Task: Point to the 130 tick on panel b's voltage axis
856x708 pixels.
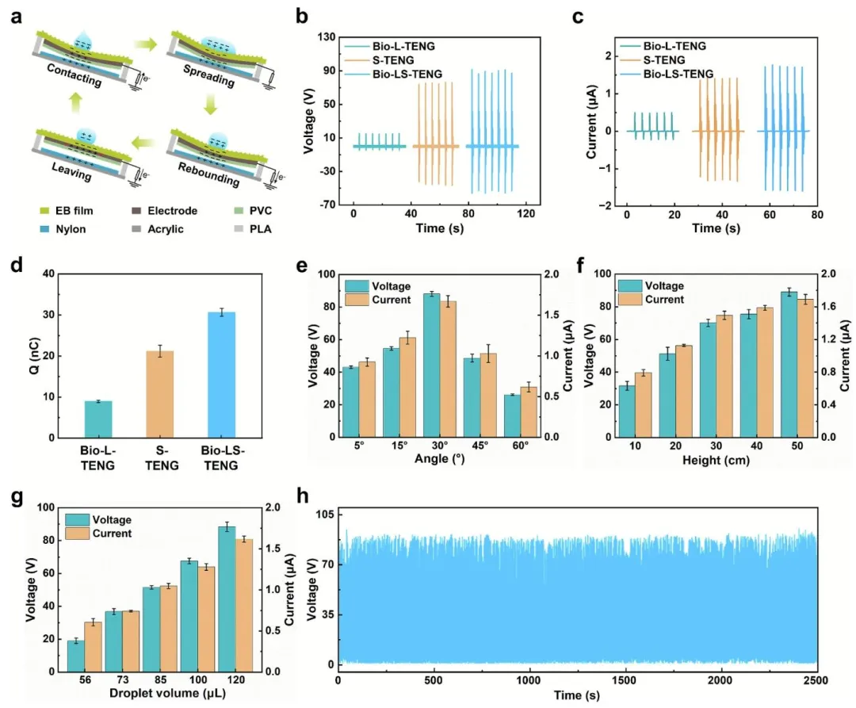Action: tap(331, 36)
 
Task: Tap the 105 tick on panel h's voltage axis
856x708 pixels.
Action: tap(323, 515)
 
